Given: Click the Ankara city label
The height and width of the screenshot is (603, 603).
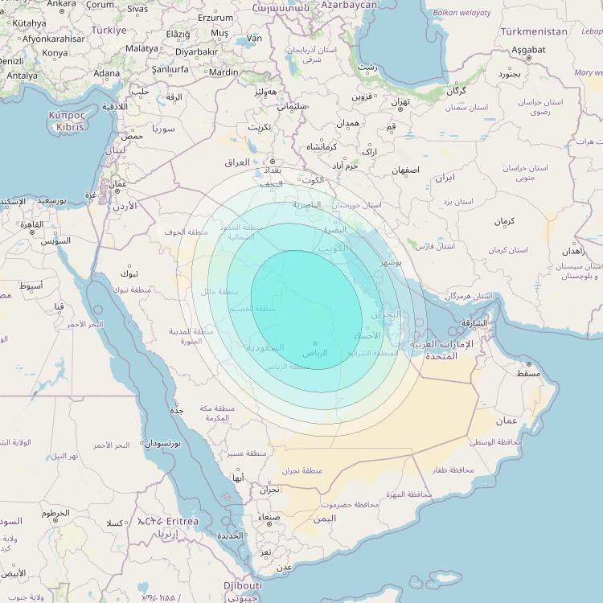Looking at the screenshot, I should [62, 4].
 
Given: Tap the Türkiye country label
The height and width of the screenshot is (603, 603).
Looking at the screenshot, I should [109, 30].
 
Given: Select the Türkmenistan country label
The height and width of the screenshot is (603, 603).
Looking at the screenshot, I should [534, 31].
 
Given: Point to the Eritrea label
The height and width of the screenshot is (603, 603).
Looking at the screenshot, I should [178, 522].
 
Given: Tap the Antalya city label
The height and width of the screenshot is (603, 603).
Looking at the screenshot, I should [22, 76].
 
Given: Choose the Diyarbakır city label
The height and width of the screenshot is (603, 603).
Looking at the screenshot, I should [197, 51].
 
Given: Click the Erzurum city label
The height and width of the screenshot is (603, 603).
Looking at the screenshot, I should [215, 17].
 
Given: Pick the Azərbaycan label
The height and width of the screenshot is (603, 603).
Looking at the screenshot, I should [349, 5].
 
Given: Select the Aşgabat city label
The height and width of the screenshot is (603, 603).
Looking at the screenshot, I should [528, 49].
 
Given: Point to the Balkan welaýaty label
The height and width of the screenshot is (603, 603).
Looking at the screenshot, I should [461, 13].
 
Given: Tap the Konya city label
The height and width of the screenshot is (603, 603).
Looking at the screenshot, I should [55, 53].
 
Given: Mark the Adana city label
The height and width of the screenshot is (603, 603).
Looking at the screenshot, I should [106, 73].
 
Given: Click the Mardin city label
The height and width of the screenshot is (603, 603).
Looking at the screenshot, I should [224, 72].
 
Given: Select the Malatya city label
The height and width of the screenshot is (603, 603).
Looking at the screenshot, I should [142, 48].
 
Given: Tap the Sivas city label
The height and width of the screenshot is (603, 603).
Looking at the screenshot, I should [137, 9].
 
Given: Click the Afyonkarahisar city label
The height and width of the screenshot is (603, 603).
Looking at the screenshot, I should [53, 38].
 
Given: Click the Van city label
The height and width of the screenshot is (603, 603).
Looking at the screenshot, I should [255, 38].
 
